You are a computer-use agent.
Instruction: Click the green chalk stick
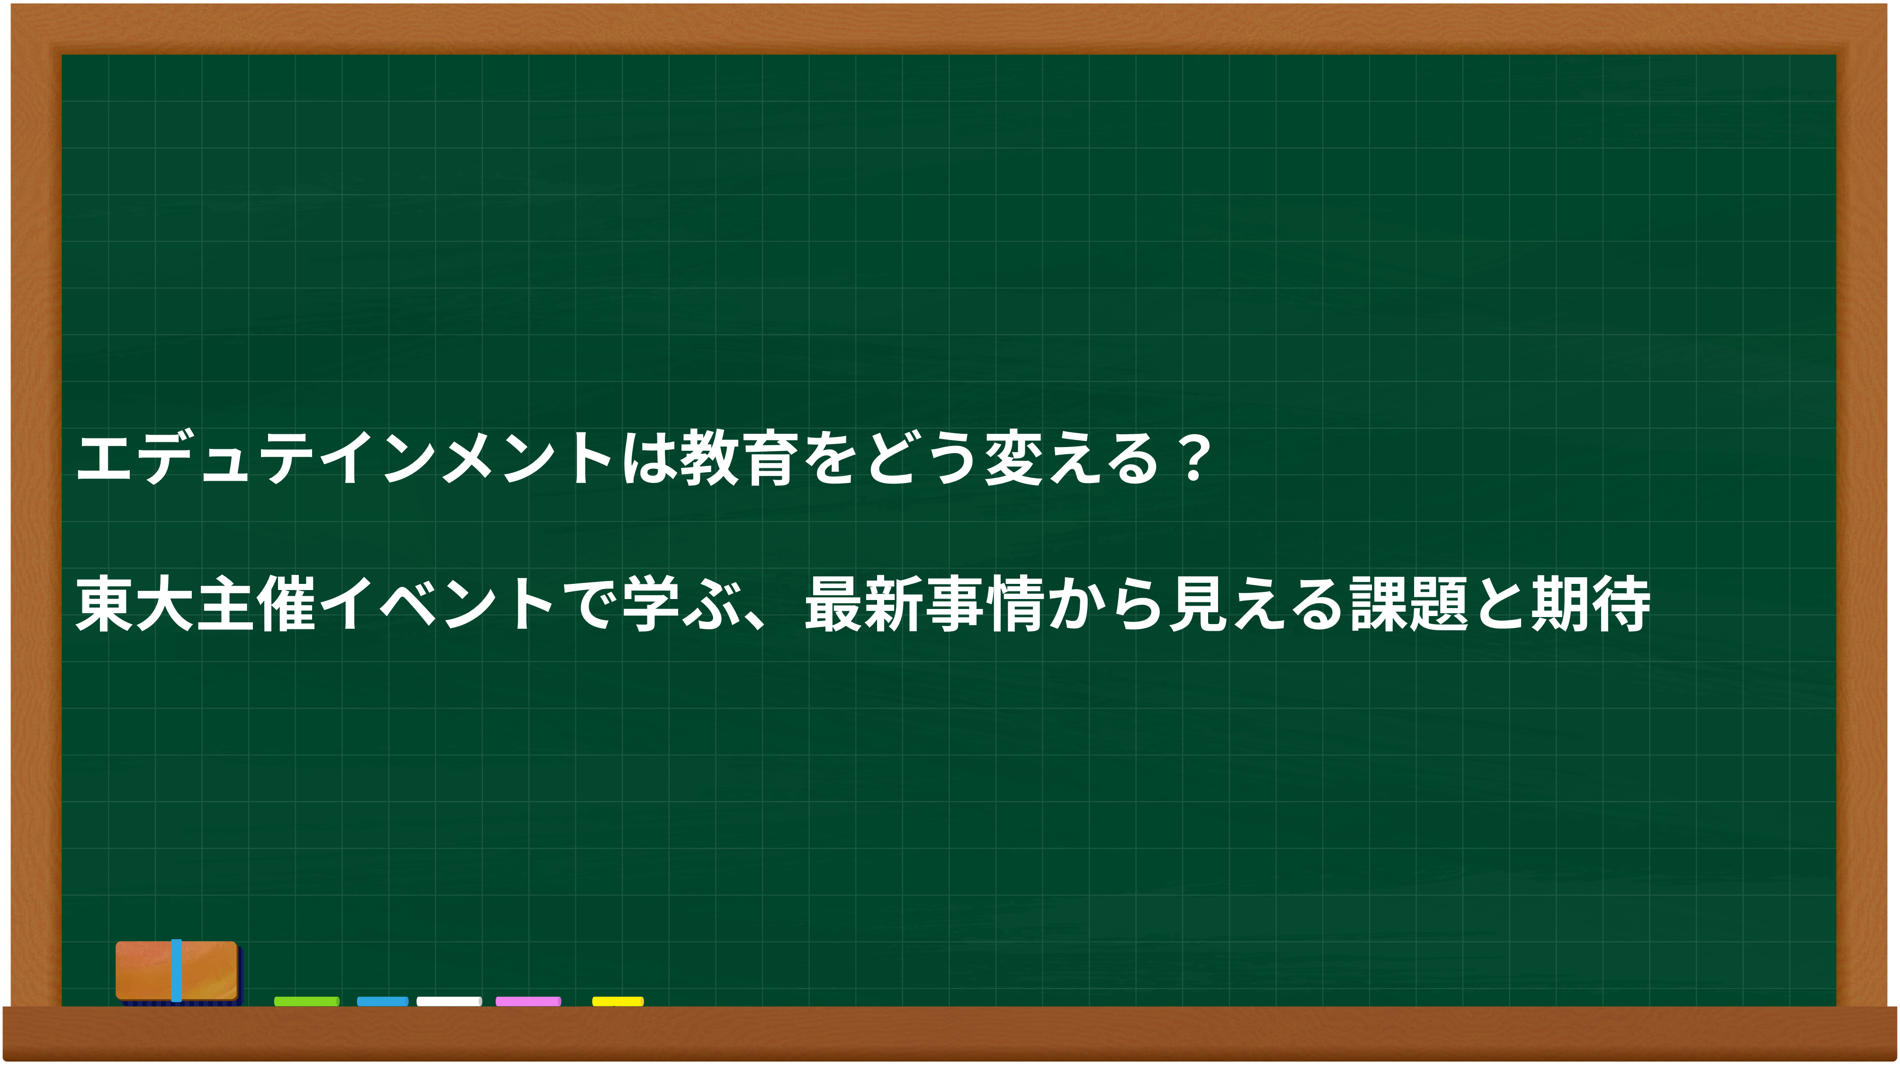point(307,1001)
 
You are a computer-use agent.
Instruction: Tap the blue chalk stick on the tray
point(382,1001)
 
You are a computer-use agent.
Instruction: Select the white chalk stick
point(449,1001)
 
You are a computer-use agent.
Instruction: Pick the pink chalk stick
point(528,1001)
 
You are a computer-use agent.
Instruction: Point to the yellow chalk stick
point(618,1001)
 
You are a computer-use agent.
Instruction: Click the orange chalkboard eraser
point(177,971)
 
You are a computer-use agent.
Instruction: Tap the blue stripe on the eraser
point(176,971)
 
